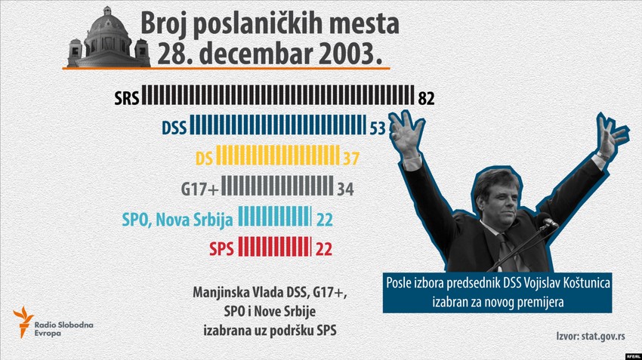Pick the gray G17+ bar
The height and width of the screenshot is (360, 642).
277,187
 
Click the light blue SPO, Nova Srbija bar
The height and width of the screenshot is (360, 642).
275,217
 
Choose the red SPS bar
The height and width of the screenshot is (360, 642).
275,247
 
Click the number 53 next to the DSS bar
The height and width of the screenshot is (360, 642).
378,128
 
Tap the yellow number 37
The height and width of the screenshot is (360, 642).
351,158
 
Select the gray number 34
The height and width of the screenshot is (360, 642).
345,188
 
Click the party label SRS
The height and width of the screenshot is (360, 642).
125,97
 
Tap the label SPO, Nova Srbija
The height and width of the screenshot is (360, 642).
177,218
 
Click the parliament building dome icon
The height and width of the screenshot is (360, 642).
109,36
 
